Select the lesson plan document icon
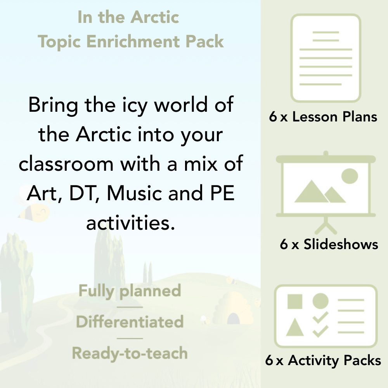point(326,58)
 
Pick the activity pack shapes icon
point(326,316)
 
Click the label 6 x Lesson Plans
point(323,117)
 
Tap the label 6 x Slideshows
point(329,244)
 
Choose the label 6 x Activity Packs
point(323,361)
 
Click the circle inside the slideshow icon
point(349,176)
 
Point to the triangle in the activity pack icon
point(295,327)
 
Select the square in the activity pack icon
point(295,301)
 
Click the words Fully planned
point(130,291)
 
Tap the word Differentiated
point(130,322)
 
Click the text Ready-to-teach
point(130,353)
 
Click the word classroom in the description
point(66,164)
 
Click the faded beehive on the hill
point(229,310)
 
